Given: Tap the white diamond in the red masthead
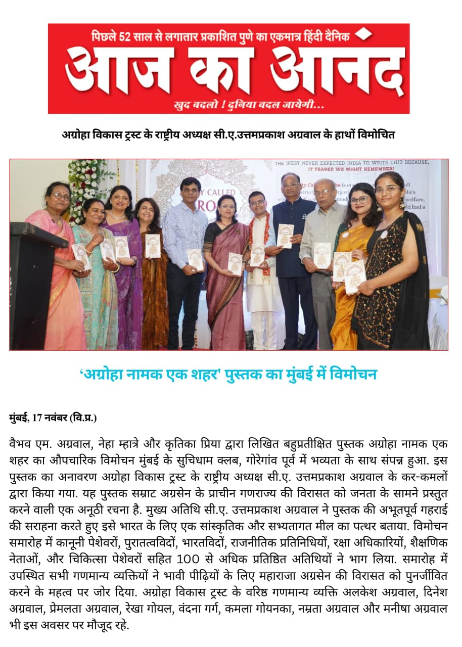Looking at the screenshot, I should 363,34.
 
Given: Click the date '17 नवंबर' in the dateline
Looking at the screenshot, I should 51,418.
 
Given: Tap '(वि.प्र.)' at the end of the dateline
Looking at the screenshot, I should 84,418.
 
